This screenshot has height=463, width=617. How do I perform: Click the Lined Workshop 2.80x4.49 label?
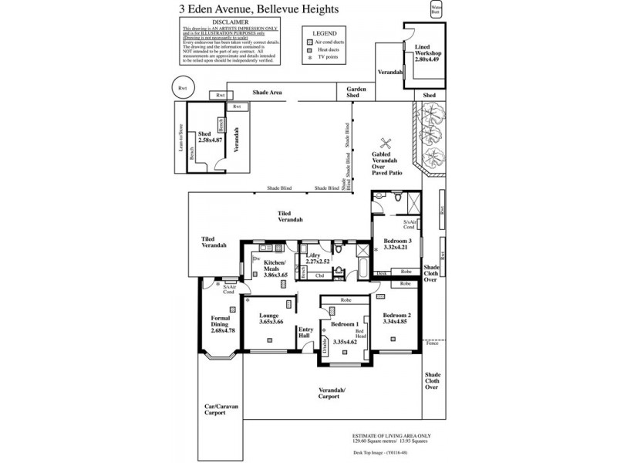(x=427, y=53)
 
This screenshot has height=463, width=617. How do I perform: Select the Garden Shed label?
(x=356, y=93)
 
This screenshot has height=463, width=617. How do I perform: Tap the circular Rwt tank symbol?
(x=183, y=88)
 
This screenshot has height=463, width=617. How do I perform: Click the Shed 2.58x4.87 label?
(x=210, y=137)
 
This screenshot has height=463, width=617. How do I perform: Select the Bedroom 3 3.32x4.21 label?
(x=399, y=245)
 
